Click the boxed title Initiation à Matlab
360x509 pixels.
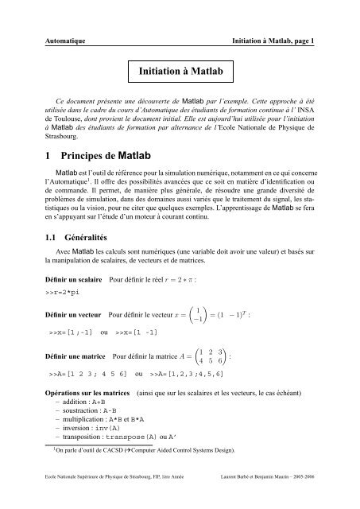click(180, 72)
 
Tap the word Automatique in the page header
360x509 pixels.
click(64, 39)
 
